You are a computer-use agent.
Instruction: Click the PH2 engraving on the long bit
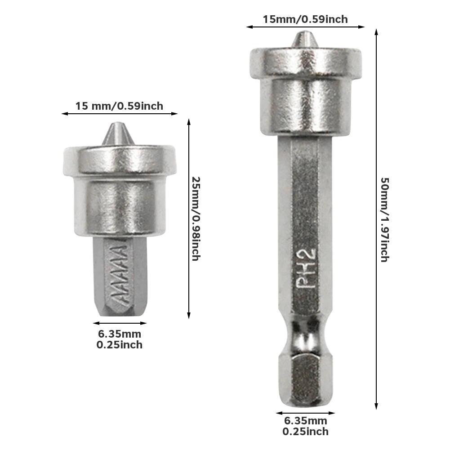pos(306,268)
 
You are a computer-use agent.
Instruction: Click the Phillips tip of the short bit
pos(119,134)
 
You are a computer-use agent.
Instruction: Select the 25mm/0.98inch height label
pos(196,218)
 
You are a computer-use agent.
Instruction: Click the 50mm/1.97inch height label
pos(384,219)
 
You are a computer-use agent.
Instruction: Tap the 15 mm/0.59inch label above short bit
pos(119,106)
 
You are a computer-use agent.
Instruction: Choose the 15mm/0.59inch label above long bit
pos(305,19)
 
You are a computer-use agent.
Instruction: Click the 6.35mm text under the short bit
pos(120,334)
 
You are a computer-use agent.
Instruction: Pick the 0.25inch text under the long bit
pos(306,432)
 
